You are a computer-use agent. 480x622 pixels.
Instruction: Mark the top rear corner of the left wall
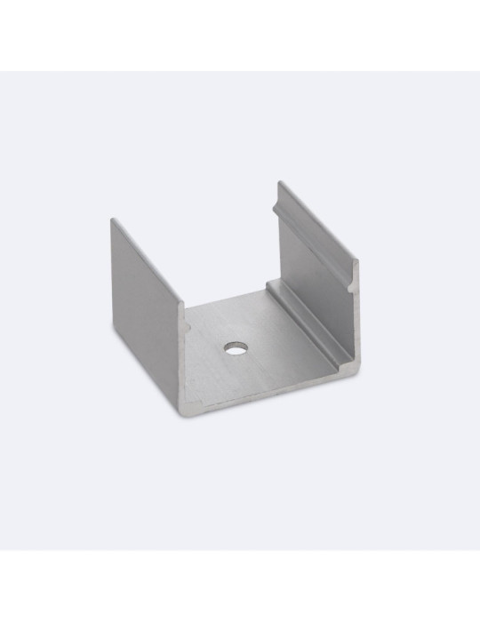[x=114, y=218]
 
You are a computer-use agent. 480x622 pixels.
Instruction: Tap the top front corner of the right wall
[x=358, y=263]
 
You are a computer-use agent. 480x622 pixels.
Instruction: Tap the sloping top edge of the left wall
[x=148, y=259]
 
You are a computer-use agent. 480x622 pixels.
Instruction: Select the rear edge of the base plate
[x=227, y=299]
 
